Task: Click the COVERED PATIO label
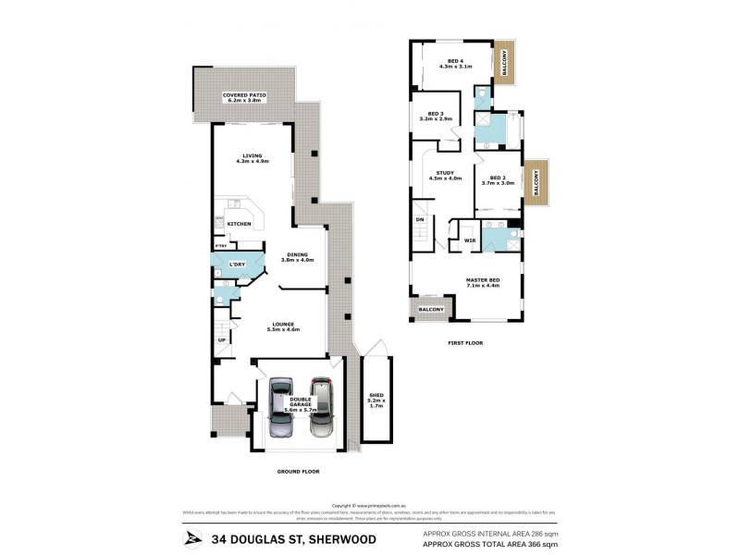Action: [245, 96]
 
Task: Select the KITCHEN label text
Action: [240, 224]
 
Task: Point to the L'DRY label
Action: [237, 265]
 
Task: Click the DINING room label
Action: [298, 257]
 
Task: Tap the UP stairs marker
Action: [222, 339]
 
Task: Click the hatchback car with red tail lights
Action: [319, 407]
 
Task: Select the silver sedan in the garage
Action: [281, 407]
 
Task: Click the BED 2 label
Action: [498, 179]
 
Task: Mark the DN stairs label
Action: [419, 218]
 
